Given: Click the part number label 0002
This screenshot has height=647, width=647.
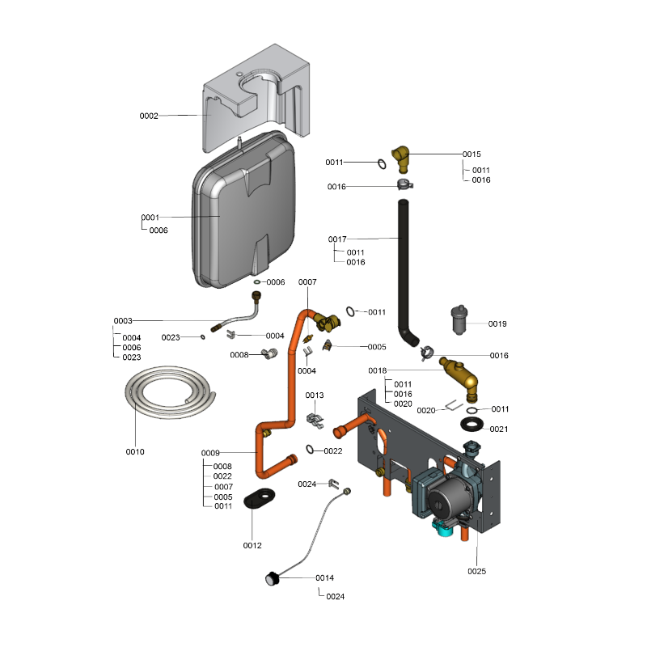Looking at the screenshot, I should (149, 116).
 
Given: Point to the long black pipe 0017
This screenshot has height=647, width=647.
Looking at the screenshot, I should (402, 267).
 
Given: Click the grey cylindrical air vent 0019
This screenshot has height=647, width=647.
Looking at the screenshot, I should (460, 321).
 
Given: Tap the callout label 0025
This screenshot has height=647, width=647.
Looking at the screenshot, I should (477, 571).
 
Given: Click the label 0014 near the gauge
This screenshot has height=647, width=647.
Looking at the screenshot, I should (324, 578).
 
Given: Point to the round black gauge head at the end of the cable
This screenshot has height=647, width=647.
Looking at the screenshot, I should (271, 577).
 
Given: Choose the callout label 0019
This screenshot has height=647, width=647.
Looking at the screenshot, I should (497, 323).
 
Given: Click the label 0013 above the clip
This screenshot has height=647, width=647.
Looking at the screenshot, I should (314, 395).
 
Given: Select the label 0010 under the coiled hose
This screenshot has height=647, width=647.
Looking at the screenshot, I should (135, 451).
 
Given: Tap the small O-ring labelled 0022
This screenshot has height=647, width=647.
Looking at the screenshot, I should (311, 450).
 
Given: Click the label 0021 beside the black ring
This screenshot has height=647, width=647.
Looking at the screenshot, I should (499, 429).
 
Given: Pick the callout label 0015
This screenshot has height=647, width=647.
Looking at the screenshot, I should (472, 154).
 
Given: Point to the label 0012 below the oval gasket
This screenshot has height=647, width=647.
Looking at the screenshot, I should (252, 545).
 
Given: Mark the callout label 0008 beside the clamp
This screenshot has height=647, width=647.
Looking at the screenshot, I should (239, 355).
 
